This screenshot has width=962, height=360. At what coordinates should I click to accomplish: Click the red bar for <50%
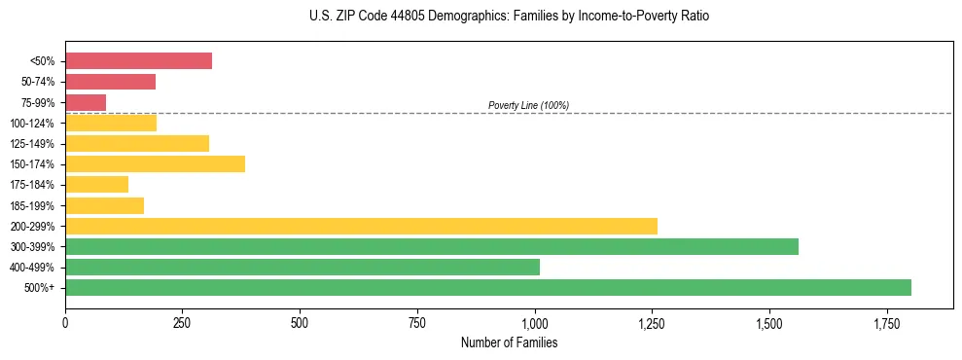tap(138, 61)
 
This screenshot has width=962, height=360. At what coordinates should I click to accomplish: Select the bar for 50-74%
tap(110, 82)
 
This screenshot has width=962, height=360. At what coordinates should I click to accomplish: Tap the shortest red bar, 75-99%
tap(86, 102)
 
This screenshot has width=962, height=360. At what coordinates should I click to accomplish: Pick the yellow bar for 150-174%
tap(155, 163)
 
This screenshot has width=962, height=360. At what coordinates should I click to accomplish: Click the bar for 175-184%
tap(96, 184)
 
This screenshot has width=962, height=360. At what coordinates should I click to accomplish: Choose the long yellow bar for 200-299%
tap(361, 226)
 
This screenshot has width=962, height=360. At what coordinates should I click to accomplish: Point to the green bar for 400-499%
tap(302, 267)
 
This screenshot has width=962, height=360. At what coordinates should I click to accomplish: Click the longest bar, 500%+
tap(487, 287)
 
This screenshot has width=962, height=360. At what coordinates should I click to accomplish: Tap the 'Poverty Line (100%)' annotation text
tap(528, 105)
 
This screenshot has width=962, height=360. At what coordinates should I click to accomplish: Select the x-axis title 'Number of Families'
tap(509, 342)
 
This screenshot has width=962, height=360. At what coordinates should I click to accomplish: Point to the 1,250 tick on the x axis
tap(652, 322)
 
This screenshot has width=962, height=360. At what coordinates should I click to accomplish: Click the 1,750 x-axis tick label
tap(886, 322)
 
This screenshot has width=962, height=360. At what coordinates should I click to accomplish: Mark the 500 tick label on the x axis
tap(300, 322)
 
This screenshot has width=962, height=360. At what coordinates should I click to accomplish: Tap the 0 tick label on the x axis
tap(65, 322)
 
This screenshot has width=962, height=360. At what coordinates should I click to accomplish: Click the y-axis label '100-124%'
tap(32, 124)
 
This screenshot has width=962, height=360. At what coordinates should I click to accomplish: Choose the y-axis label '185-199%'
tap(32, 205)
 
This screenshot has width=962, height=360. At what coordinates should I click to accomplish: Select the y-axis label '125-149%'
tap(32, 144)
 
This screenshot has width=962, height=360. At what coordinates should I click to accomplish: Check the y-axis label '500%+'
tap(38, 288)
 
